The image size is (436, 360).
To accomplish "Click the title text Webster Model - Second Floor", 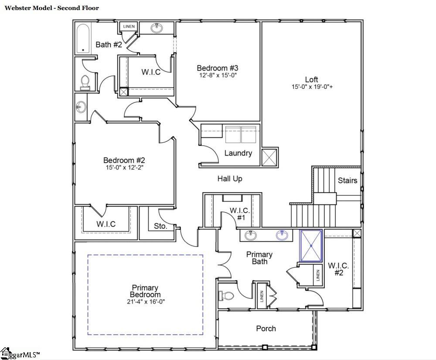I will tap(52, 8).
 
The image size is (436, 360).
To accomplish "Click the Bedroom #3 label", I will tap(218, 68).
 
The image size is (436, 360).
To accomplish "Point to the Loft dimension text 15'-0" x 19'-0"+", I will tap(312, 87).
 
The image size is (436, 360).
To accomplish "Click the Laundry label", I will tap(238, 153).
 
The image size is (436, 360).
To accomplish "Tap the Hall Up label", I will tap(230, 179).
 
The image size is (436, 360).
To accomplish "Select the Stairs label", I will tap(347, 180).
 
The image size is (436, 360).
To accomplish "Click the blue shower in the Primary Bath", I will tap(311, 245).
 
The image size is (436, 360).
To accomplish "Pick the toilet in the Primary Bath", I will tap(226, 296).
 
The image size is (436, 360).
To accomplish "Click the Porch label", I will tap(266, 328).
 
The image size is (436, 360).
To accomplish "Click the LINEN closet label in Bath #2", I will tap(129, 27).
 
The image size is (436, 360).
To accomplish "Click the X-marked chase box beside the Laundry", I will tap(269, 157).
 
